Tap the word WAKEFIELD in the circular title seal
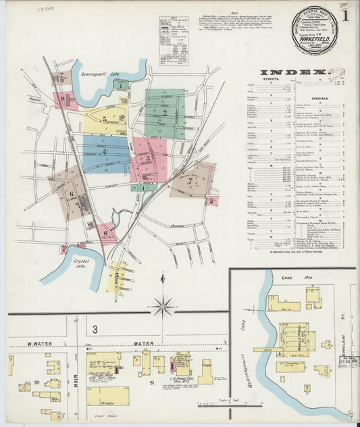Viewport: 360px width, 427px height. coord(314,40)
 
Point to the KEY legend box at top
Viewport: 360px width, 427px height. coord(174,41)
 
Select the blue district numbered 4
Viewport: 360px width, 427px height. coord(105,153)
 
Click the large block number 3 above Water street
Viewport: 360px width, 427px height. coord(95,329)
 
